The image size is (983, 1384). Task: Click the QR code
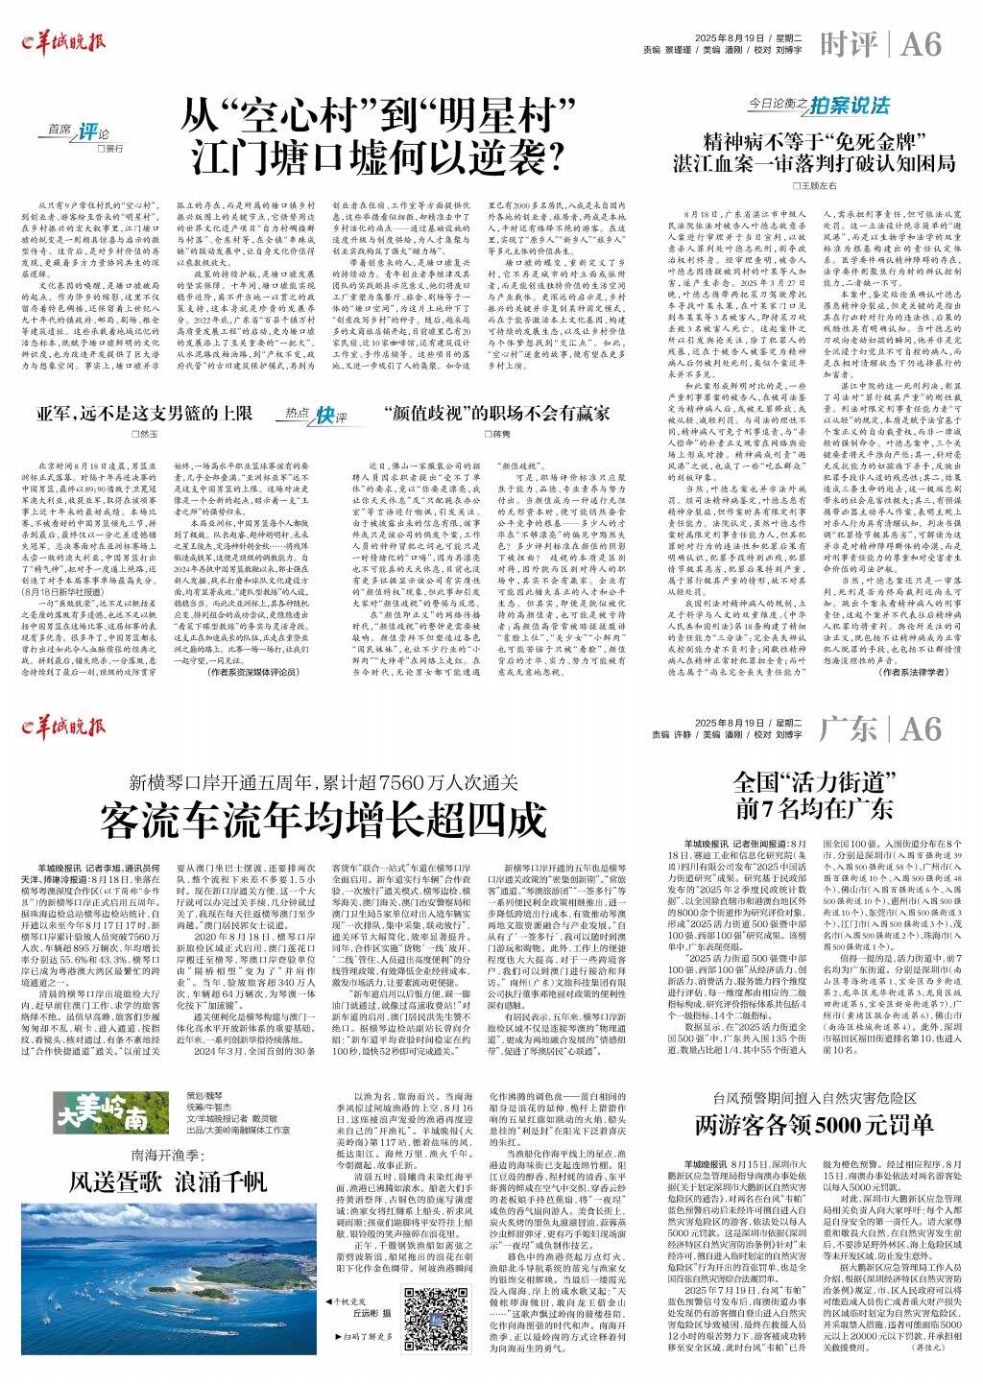(429, 1312)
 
